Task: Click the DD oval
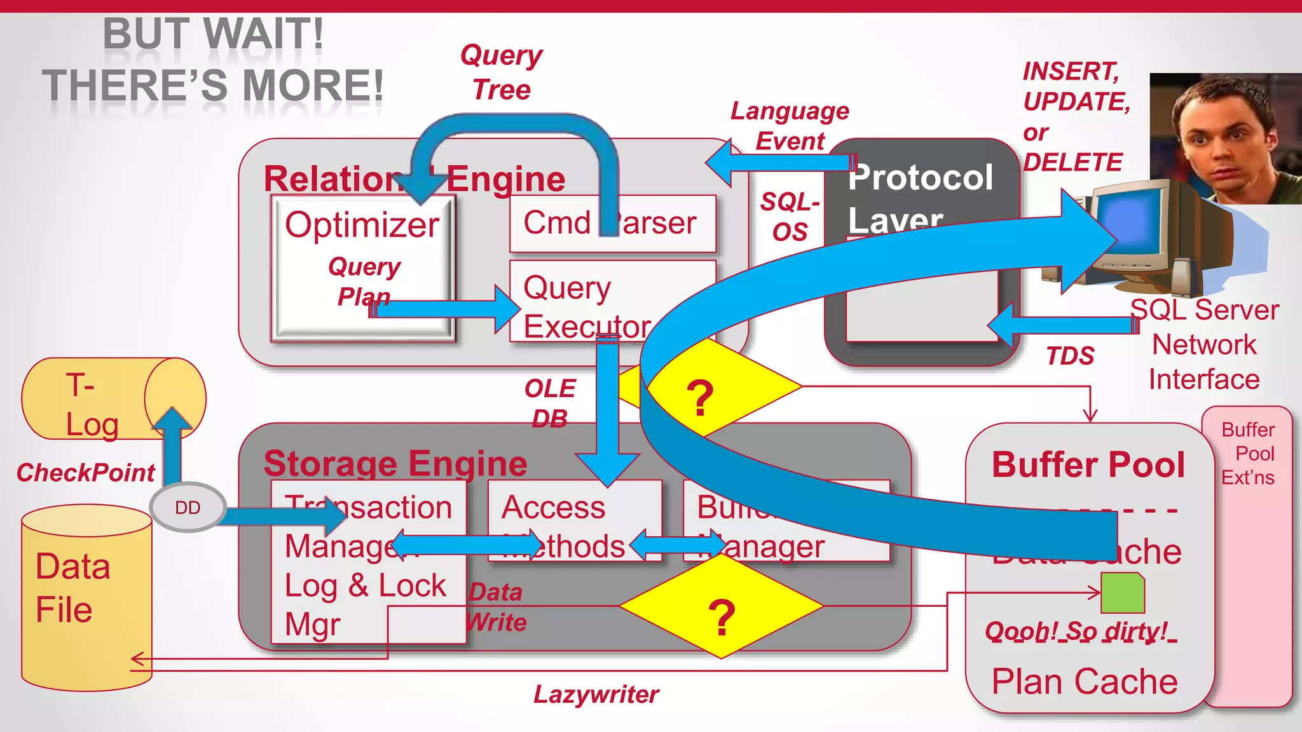(188, 508)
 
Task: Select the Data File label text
(72, 588)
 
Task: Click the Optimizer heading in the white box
(362, 225)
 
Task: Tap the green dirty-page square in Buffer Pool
(1123, 592)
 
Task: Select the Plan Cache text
(1085, 682)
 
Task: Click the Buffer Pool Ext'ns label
(1248, 454)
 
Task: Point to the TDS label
(1070, 356)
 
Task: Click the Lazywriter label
(596, 695)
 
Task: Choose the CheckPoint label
(86, 473)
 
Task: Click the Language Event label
(790, 125)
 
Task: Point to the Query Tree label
(501, 72)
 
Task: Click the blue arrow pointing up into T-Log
(173, 445)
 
